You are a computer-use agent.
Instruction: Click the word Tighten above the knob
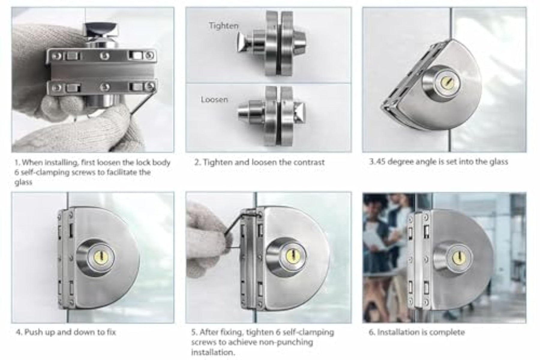(x=223, y=26)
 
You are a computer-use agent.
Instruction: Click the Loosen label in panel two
(x=214, y=99)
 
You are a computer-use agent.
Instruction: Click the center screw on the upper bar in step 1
(x=104, y=56)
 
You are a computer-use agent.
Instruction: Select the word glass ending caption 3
(x=498, y=162)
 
